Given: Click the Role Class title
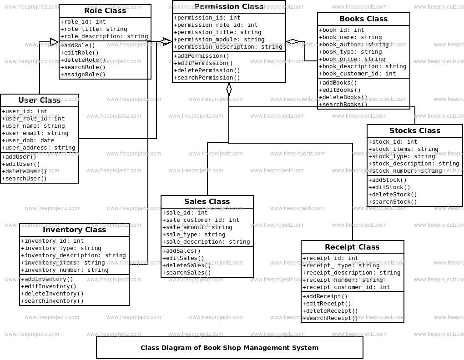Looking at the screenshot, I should click(x=105, y=11).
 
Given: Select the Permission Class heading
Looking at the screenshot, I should click(x=229, y=7).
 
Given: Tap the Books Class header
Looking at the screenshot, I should click(x=363, y=19).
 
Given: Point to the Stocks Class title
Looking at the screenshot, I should click(x=415, y=131).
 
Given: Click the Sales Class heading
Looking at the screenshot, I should click(x=207, y=202).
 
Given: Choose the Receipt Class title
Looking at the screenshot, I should click(x=352, y=247).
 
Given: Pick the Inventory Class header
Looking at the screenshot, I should click(x=74, y=230).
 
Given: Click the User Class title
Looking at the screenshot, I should click(x=40, y=100).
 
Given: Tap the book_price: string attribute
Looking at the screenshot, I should click(x=352, y=59).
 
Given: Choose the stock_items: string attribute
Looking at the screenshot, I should click(x=403, y=149).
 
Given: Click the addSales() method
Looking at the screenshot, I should click(x=182, y=251).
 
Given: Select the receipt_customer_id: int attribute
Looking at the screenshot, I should click(x=346, y=287).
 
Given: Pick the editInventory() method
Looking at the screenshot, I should click(x=49, y=286).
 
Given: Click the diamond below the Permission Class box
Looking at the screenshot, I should click(x=229, y=90).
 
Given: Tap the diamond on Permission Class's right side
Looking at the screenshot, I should click(x=293, y=42).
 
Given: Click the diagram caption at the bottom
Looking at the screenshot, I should click(x=229, y=348).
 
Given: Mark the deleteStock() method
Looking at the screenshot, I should click(x=392, y=195).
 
